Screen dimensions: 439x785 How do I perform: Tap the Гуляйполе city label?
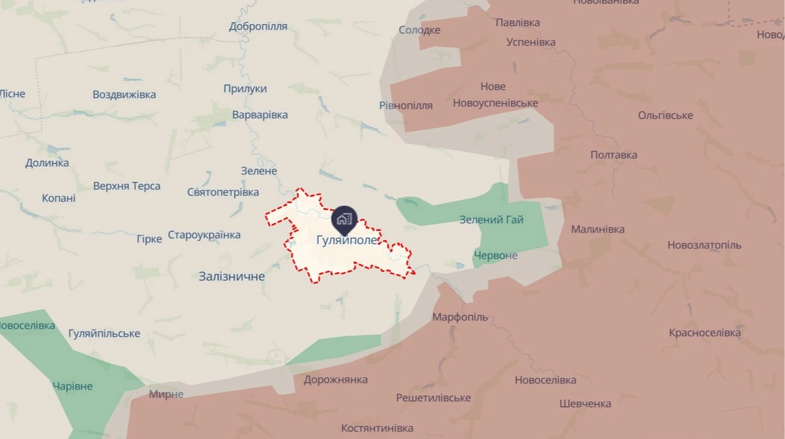(347, 240)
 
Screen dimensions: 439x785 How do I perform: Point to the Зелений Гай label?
(491, 220)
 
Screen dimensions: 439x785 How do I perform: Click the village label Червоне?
(495, 255)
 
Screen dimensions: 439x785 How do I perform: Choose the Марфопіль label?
(460, 317)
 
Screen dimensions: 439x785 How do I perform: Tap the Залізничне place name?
(232, 277)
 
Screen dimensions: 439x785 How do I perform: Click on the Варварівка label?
(260, 115)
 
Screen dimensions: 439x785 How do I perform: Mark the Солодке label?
(419, 30)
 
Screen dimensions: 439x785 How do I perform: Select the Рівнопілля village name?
(406, 106)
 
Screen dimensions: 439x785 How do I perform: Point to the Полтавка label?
(614, 155)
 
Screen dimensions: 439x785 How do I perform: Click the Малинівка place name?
(597, 230)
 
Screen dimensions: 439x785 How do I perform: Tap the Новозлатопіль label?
(705, 245)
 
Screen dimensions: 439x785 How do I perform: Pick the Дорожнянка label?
(336, 380)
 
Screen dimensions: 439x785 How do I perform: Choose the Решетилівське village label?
(433, 398)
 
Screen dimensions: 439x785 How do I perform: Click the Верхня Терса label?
(127, 186)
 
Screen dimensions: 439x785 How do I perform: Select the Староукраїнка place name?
(204, 235)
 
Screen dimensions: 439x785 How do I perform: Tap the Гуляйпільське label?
(104, 334)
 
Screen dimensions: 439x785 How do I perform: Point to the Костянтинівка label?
(377, 429)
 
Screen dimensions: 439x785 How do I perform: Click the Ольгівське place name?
(665, 116)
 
